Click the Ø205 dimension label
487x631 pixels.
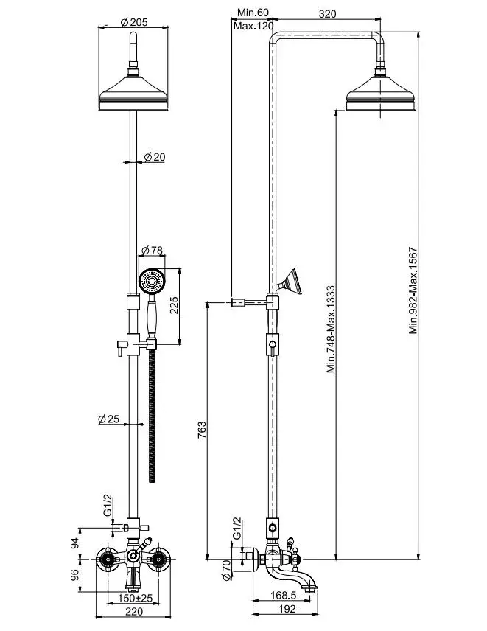pyautogui.click(x=134, y=22)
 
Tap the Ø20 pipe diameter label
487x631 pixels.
pyautogui.click(x=154, y=157)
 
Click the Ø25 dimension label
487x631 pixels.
pyautogui.click(x=108, y=419)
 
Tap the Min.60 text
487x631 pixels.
pyautogui.click(x=253, y=13)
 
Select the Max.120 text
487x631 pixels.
pyautogui.click(x=253, y=27)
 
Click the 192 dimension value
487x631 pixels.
pyautogui.click(x=288, y=609)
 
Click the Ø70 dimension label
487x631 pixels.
pyautogui.click(x=228, y=568)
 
